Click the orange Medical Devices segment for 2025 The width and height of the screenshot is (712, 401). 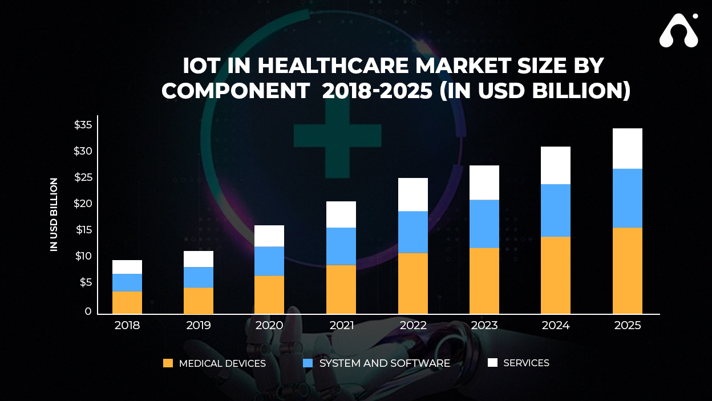click(627, 271)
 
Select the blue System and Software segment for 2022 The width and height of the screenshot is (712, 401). click(412, 232)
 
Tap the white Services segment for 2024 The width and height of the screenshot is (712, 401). click(555, 165)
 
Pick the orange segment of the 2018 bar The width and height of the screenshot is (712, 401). click(127, 302)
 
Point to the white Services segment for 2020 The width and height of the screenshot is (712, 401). click(269, 236)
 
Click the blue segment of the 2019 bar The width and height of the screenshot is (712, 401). click(198, 277)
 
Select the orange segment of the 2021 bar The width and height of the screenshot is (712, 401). click(341, 289)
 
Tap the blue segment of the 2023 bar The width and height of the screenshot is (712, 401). click(484, 224)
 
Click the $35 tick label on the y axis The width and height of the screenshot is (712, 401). click(83, 125)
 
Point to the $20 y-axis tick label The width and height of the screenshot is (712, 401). click(83, 204)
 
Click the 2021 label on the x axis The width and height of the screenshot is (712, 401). click(341, 326)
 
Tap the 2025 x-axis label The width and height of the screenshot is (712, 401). click(628, 326)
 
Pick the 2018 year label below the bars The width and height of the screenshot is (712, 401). click(127, 326)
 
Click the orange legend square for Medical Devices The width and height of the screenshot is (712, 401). click(168, 363)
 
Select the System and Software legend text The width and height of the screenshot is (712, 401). click(385, 363)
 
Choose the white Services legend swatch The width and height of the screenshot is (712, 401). click(493, 363)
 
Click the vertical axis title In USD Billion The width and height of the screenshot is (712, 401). click(54, 214)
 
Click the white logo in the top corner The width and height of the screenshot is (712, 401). click(678, 31)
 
